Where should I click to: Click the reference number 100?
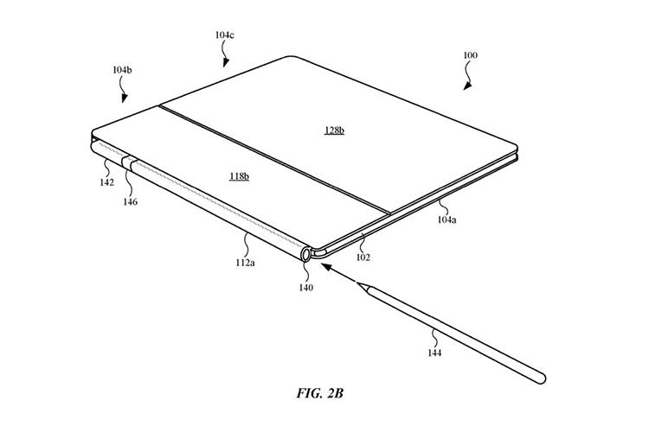(470, 55)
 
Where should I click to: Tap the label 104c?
(224, 35)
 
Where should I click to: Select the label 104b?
(123, 70)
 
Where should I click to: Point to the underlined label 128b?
(334, 130)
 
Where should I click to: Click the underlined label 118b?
(239, 176)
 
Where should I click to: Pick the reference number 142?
(106, 182)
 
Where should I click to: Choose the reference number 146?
(130, 201)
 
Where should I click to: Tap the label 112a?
(246, 262)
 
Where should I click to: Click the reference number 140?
(306, 288)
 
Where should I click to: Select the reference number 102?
(363, 257)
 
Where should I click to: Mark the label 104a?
(447, 220)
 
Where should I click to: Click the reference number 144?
(434, 353)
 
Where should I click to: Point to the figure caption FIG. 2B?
(319, 393)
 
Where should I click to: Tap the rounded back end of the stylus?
(542, 378)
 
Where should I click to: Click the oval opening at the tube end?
(306, 253)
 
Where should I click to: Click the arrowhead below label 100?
(467, 86)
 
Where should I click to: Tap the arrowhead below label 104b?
(125, 98)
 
